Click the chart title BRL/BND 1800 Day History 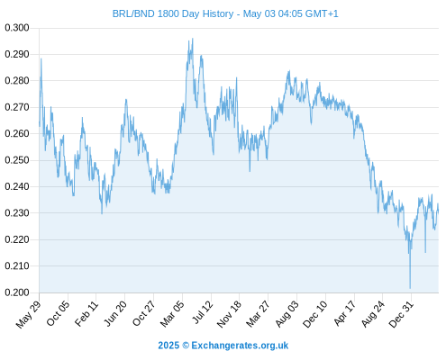pyautogui.click(x=173, y=13)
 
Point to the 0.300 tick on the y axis pyautogui.click(x=17, y=28)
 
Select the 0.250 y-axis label pyautogui.click(x=17, y=160)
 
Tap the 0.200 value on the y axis pyautogui.click(x=17, y=292)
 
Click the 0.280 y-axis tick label pyautogui.click(x=17, y=81)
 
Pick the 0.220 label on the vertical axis pyautogui.click(x=17, y=239)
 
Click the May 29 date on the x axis pyautogui.click(x=28, y=314)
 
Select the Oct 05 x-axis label pyautogui.click(x=58, y=313)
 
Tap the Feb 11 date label pyautogui.click(x=86, y=313)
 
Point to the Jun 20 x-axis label pyautogui.click(x=115, y=313)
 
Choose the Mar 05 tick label pyautogui.click(x=172, y=313)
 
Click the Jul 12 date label pyautogui.click(x=203, y=311)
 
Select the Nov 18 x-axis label pyautogui.click(x=229, y=314)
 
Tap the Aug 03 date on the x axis pyautogui.click(x=287, y=314)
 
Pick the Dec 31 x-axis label pyautogui.click(x=401, y=314)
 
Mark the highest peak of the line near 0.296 pyautogui.click(x=193, y=39)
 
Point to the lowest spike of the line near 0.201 pyautogui.click(x=410, y=288)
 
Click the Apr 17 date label pyautogui.click(x=345, y=313)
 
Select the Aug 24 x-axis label pyautogui.click(x=373, y=314)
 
